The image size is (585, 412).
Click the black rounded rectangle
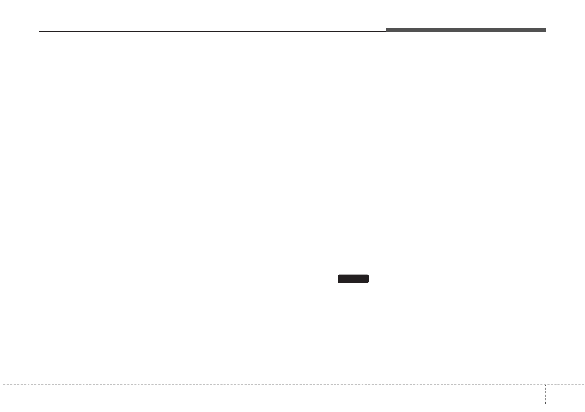(353, 279)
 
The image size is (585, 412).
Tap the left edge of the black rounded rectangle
(338, 279)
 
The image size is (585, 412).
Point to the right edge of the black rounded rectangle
(369, 279)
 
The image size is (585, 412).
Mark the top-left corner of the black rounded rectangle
(338, 275)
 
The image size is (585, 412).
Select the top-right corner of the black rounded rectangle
(368, 275)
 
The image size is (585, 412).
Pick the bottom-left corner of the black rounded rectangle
(338, 282)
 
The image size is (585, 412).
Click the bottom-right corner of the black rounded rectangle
(368, 282)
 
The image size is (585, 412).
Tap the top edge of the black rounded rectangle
(353, 275)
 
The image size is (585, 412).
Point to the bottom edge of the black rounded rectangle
(353, 283)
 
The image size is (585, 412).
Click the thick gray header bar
(466, 30)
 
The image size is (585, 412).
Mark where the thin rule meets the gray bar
(386, 31)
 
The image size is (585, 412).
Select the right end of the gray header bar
(545, 30)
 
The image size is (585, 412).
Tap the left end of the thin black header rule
(39, 32)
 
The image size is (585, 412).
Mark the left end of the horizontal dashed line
(0, 384)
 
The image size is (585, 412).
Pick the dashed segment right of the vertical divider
(565, 384)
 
